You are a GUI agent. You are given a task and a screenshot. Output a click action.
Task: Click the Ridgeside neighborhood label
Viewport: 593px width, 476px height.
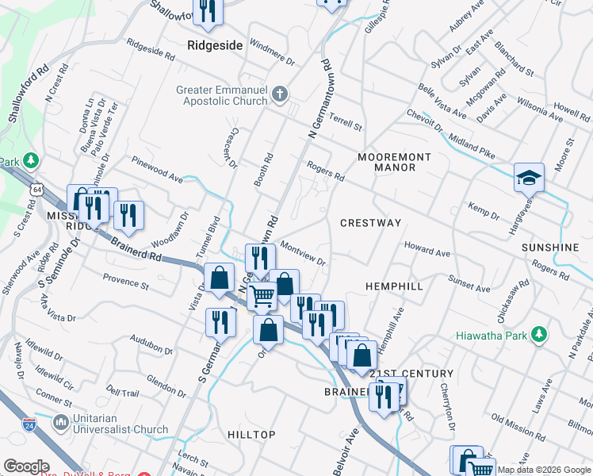tap(215, 45)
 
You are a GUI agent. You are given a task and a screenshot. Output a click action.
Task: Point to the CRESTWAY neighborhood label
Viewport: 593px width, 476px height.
tap(371, 223)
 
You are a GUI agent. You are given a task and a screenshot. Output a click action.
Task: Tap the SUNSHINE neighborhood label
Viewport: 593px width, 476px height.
tap(550, 248)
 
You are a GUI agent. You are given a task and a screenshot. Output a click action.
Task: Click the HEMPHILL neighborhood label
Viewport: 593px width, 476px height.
tap(394, 286)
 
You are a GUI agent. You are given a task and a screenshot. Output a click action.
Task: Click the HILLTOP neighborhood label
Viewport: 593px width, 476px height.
tap(251, 435)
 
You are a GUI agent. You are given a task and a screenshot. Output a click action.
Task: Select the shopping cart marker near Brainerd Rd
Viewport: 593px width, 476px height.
tap(262, 297)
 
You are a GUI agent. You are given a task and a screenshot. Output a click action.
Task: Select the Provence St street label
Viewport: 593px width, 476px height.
tap(126, 279)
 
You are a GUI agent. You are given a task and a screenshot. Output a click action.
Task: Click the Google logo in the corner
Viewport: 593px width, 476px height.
tap(26, 466)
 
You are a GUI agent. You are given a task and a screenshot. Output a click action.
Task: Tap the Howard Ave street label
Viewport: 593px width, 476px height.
tap(427, 250)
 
